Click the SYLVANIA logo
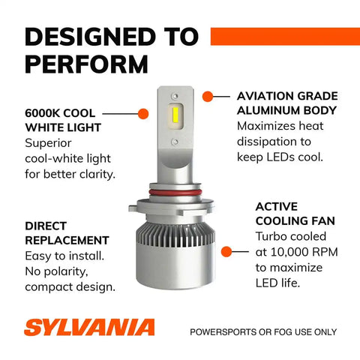pyautogui.click(x=89, y=327)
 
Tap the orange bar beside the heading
pyautogui.click(x=285, y=37)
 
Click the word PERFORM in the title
pyautogui.click(x=86, y=64)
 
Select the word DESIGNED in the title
pyautogui.click(x=90, y=37)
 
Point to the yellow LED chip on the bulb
pyautogui.click(x=175, y=114)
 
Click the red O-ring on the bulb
pyautogui.click(x=175, y=193)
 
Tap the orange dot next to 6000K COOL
pyautogui.click(x=143, y=114)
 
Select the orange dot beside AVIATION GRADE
pyautogui.click(x=208, y=97)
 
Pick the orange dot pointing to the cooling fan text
pyautogui.click(x=226, y=251)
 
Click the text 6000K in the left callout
pyautogui.click(x=42, y=113)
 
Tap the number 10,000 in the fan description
pyautogui.click(x=287, y=252)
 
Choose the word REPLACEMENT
pyautogui.click(x=67, y=241)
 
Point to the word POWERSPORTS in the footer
pyautogui.click(x=223, y=332)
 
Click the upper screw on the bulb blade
pyautogui.click(x=175, y=96)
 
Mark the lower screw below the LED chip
pyautogui.click(x=175, y=142)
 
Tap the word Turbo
pyautogui.click(x=271, y=236)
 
